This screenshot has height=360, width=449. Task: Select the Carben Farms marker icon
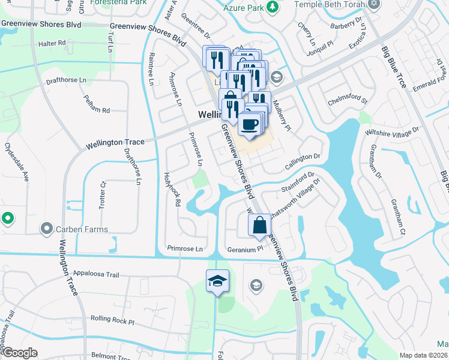47,229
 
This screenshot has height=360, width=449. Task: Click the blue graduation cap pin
217,281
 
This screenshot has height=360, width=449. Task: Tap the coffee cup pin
249,124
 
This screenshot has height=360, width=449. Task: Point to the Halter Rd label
52,43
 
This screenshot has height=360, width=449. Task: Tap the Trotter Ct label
102,195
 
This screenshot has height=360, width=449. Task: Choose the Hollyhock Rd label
173,190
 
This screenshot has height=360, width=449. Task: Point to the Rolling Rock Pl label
112,320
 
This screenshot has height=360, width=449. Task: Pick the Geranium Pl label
246,248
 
